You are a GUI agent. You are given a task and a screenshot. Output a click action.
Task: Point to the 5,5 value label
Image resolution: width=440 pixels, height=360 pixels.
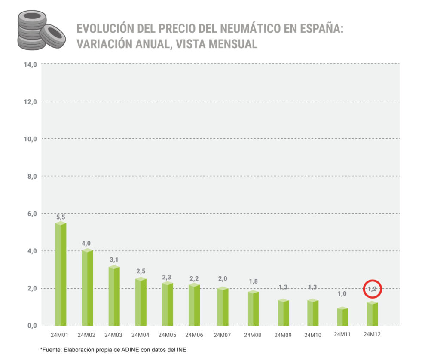pyautogui.click(x=61, y=217)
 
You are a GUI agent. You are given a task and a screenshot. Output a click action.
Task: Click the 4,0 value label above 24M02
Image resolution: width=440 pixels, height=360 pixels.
pyautogui.click(x=87, y=244)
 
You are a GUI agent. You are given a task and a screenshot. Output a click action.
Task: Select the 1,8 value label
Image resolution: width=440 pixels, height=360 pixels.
pyautogui.click(x=253, y=281)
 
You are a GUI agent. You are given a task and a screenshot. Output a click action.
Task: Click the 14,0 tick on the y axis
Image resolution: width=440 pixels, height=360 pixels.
pyautogui.click(x=30, y=64)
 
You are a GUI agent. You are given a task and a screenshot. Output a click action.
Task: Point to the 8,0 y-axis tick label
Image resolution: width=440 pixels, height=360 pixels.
pyautogui.click(x=31, y=176)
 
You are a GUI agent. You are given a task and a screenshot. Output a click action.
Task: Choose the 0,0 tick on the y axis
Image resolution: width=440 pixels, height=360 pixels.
pyautogui.click(x=31, y=326)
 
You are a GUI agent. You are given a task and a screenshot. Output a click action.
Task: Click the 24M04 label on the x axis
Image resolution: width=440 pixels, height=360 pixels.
pyautogui.click(x=141, y=335)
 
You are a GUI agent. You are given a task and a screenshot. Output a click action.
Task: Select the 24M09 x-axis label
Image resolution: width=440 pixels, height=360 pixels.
pyautogui.click(x=283, y=335)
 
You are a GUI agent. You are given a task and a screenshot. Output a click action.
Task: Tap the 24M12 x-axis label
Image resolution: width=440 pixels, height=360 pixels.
pyautogui.click(x=373, y=334)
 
